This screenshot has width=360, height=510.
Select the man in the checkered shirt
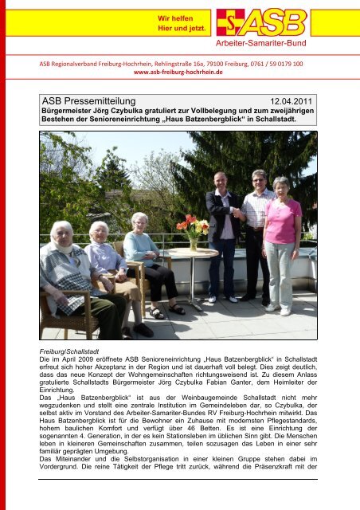point(256,231)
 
